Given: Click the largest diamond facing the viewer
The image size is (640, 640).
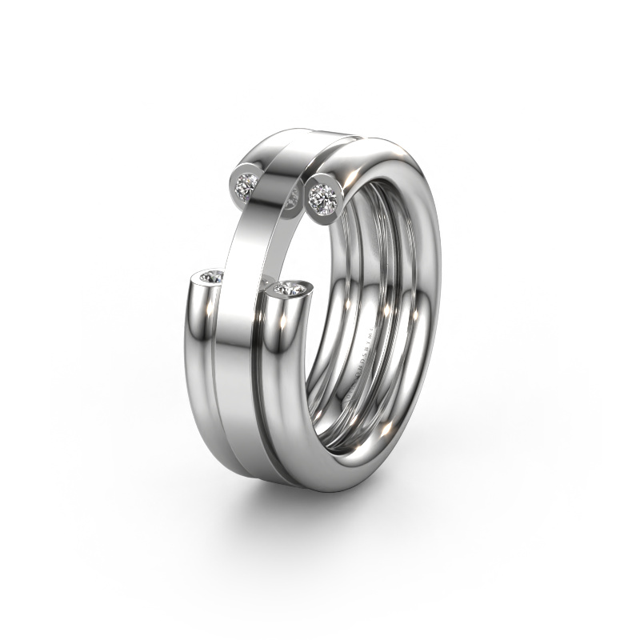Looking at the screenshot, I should [322, 195].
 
